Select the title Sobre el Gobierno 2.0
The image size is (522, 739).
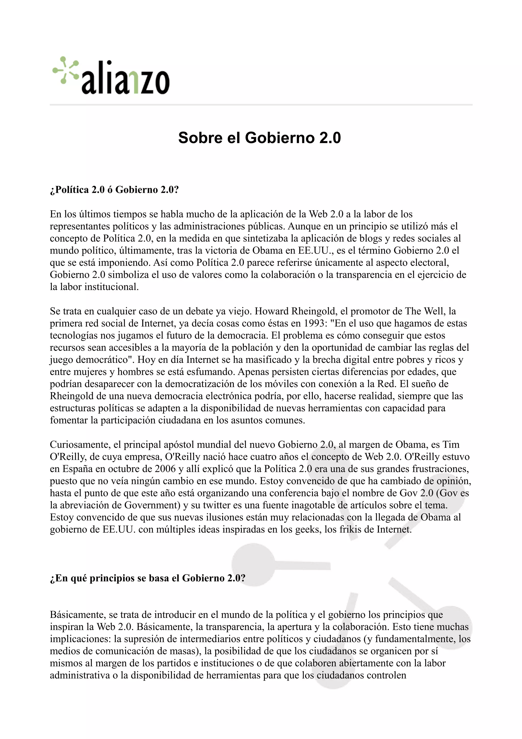click(259, 138)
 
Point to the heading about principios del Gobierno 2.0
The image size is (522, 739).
click(148, 578)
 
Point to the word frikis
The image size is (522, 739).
click(350, 529)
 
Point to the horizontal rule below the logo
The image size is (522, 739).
click(261, 105)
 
